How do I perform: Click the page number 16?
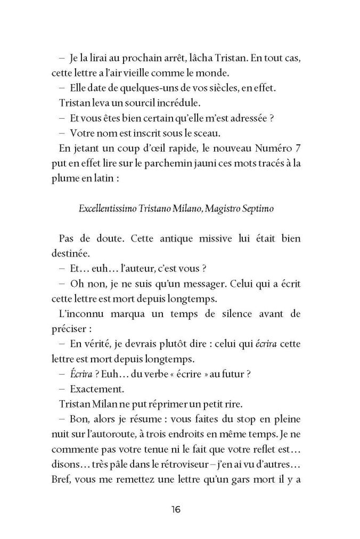click(176, 510)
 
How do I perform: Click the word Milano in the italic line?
click(178, 209)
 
